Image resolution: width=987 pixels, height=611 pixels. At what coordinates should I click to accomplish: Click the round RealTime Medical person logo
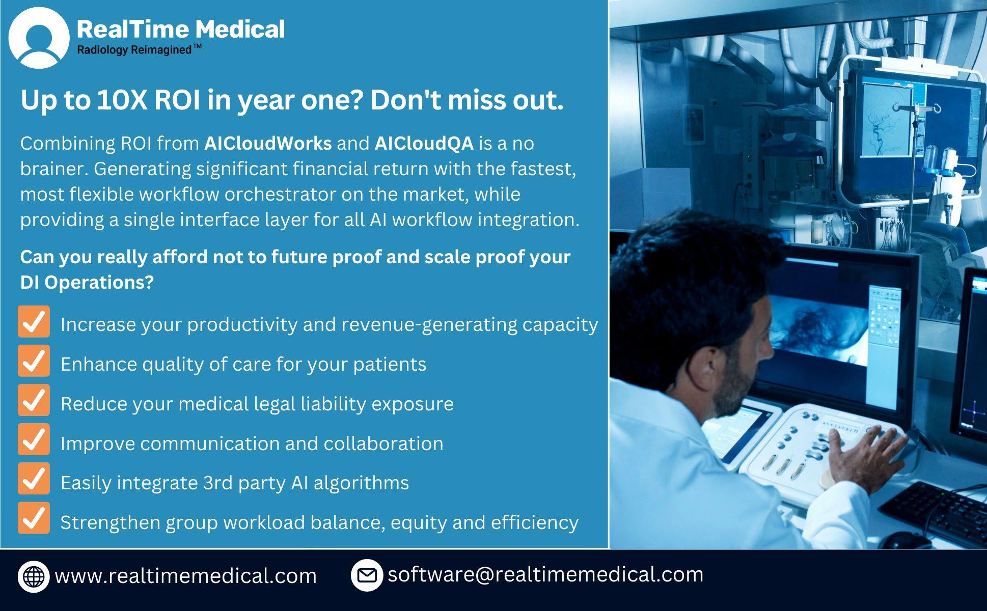pos(39,38)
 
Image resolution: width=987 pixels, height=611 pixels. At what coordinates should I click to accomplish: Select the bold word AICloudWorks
pos(268,144)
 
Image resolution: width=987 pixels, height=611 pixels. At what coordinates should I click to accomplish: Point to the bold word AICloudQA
pos(424,144)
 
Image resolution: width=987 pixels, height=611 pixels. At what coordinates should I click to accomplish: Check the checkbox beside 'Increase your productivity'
pos(34,321)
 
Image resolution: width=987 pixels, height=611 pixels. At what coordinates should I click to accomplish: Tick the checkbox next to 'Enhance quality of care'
pos(34,360)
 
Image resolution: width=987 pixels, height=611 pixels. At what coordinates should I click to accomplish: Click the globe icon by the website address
pos(34,576)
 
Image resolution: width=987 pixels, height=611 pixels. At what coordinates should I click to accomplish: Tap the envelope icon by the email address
pos(367,575)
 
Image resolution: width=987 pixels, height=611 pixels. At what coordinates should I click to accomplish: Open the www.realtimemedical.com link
pos(186,576)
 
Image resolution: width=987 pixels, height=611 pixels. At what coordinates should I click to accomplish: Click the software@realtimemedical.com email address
pos(545,574)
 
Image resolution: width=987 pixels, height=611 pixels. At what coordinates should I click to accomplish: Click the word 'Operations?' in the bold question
pos(99,283)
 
